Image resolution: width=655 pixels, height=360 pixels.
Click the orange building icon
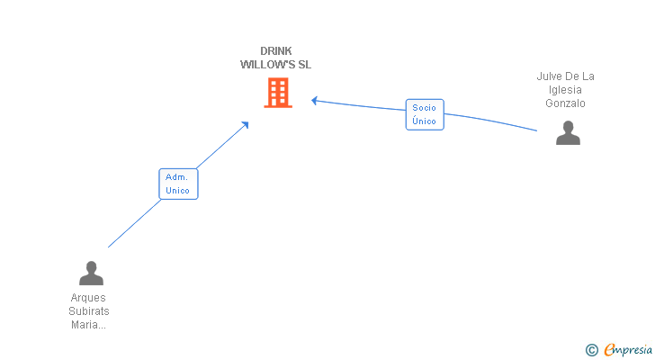(x=278, y=93)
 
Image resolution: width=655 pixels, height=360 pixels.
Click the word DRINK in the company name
(x=275, y=51)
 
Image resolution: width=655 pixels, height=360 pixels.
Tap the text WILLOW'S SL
(x=275, y=64)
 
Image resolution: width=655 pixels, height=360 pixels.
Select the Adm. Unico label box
(x=178, y=184)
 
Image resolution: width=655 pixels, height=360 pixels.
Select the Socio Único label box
(x=425, y=114)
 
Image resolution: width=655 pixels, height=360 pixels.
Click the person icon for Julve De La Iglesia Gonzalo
(x=568, y=133)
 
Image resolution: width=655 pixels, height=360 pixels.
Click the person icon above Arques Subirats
(x=91, y=273)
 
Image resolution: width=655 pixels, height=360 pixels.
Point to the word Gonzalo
(x=565, y=103)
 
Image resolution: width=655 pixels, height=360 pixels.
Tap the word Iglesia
(x=565, y=90)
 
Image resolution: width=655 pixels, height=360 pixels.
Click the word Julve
(x=550, y=76)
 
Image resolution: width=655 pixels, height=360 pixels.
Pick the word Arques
(x=88, y=298)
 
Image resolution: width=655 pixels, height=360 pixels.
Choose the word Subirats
(x=89, y=311)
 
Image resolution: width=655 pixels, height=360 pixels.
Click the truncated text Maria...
(x=88, y=325)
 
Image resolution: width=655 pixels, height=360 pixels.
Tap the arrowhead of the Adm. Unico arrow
(x=246, y=124)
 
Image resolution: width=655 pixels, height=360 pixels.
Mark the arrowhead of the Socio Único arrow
(x=314, y=100)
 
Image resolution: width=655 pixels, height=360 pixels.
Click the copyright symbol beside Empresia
(x=591, y=350)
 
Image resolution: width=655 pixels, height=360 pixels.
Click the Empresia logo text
(x=628, y=349)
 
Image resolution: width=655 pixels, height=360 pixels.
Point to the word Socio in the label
(x=424, y=108)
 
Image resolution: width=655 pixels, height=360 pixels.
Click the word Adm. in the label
(x=176, y=177)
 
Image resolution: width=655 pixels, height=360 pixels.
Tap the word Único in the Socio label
(x=424, y=121)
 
